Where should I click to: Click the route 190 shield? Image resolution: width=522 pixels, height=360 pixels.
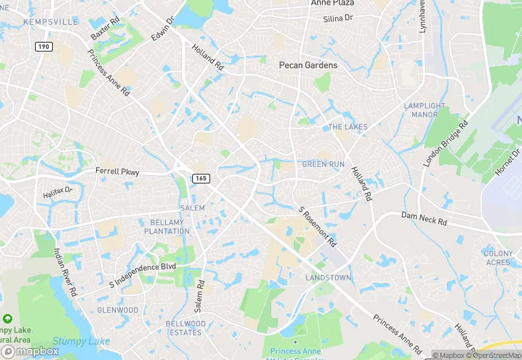(x=43, y=45)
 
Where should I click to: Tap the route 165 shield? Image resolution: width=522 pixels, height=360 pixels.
(x=201, y=179)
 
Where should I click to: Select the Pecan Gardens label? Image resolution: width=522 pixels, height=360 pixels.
(x=308, y=65)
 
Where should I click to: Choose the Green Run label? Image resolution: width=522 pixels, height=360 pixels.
(x=324, y=165)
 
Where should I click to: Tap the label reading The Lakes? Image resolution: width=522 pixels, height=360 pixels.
(x=348, y=127)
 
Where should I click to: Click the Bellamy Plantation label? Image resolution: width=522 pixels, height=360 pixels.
(x=168, y=227)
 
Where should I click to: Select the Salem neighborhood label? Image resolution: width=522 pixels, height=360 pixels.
(x=192, y=208)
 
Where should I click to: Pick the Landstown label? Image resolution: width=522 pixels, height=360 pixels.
(x=328, y=278)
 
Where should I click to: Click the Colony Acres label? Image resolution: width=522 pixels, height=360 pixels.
(x=498, y=258)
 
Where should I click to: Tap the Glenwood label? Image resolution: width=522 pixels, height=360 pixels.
(x=118, y=311)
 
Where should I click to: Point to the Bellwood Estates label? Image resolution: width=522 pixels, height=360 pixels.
(x=185, y=328)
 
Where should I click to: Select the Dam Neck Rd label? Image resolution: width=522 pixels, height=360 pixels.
(x=424, y=220)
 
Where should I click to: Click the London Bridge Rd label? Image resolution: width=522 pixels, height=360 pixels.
(x=445, y=144)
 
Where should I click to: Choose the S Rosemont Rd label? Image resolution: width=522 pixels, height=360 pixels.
(x=318, y=227)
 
